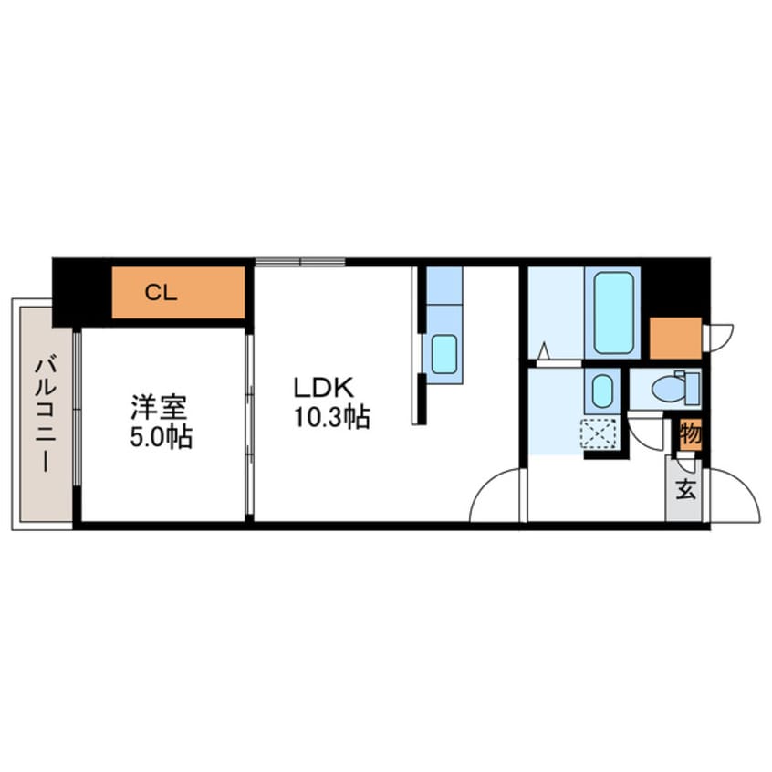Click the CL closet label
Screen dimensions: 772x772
click(x=161, y=293)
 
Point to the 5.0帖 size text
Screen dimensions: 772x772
click(x=160, y=438)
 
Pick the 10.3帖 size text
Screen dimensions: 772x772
click(x=330, y=419)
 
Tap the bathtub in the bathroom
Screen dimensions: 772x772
click(x=612, y=313)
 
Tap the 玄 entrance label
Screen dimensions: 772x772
click(x=684, y=490)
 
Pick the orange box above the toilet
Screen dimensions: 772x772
click(x=675, y=338)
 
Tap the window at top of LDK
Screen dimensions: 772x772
click(x=300, y=262)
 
